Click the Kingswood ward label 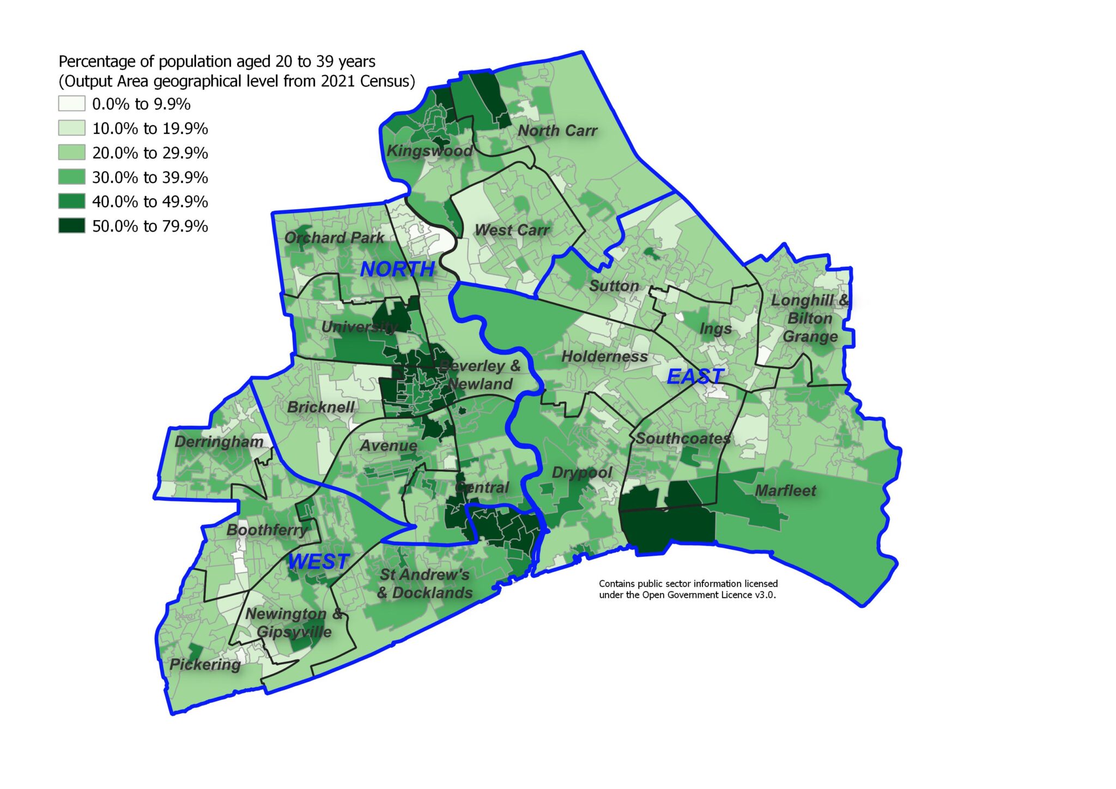point(429,151)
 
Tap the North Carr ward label point(557,131)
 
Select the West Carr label point(511,230)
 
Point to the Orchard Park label point(334,238)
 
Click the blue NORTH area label point(397,269)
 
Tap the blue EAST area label point(695,376)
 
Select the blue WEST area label point(318,561)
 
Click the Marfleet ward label point(785,490)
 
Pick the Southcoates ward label point(683,438)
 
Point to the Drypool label point(581,472)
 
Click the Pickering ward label point(205,664)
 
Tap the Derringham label point(219,441)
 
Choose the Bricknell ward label point(320,407)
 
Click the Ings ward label point(715,329)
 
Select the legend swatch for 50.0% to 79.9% point(72,226)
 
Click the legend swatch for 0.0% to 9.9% point(72,104)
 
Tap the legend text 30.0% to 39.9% point(150,177)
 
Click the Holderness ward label point(604,357)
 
